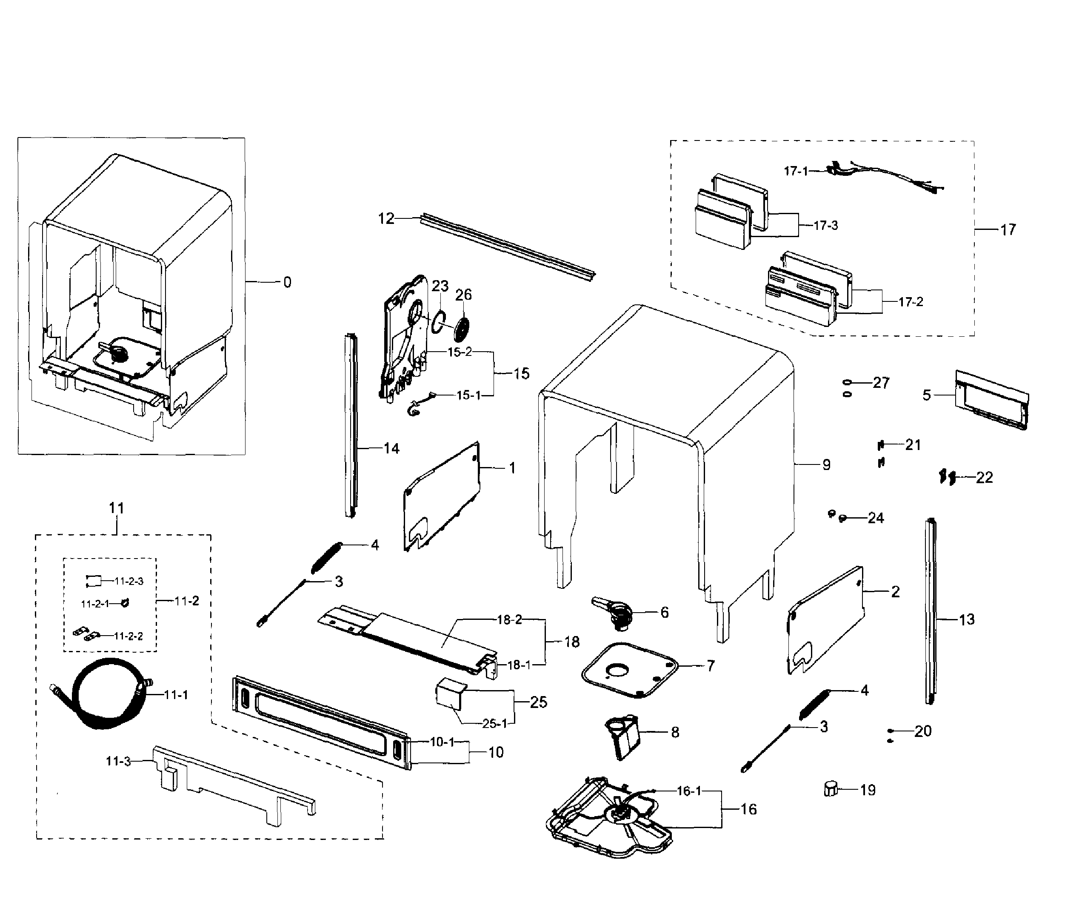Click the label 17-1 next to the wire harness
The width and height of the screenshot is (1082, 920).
[795, 171]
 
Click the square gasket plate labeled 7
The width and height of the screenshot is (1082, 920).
[630, 670]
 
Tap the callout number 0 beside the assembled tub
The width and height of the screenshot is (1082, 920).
[287, 282]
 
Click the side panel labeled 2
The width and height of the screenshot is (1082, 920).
[825, 621]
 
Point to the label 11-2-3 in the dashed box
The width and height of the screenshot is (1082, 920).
[129, 581]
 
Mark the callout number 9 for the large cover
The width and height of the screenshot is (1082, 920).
[826, 465]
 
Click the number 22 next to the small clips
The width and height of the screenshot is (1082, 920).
[984, 478]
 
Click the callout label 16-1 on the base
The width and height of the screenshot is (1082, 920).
[688, 791]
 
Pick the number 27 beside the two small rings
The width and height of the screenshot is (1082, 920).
[881, 383]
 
